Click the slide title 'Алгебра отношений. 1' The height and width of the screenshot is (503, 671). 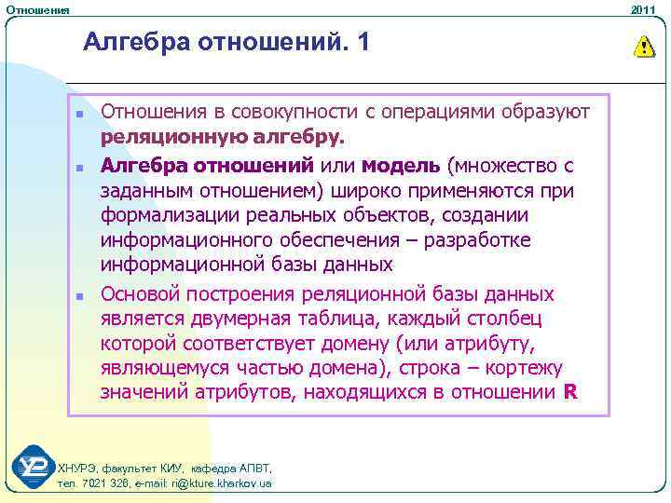coord(226,43)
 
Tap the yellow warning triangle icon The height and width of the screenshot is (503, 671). coord(643,46)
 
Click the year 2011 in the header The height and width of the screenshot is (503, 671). coord(644,9)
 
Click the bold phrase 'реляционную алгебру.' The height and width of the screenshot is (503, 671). coord(223,138)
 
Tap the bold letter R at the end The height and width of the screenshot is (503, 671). coord(571,392)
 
